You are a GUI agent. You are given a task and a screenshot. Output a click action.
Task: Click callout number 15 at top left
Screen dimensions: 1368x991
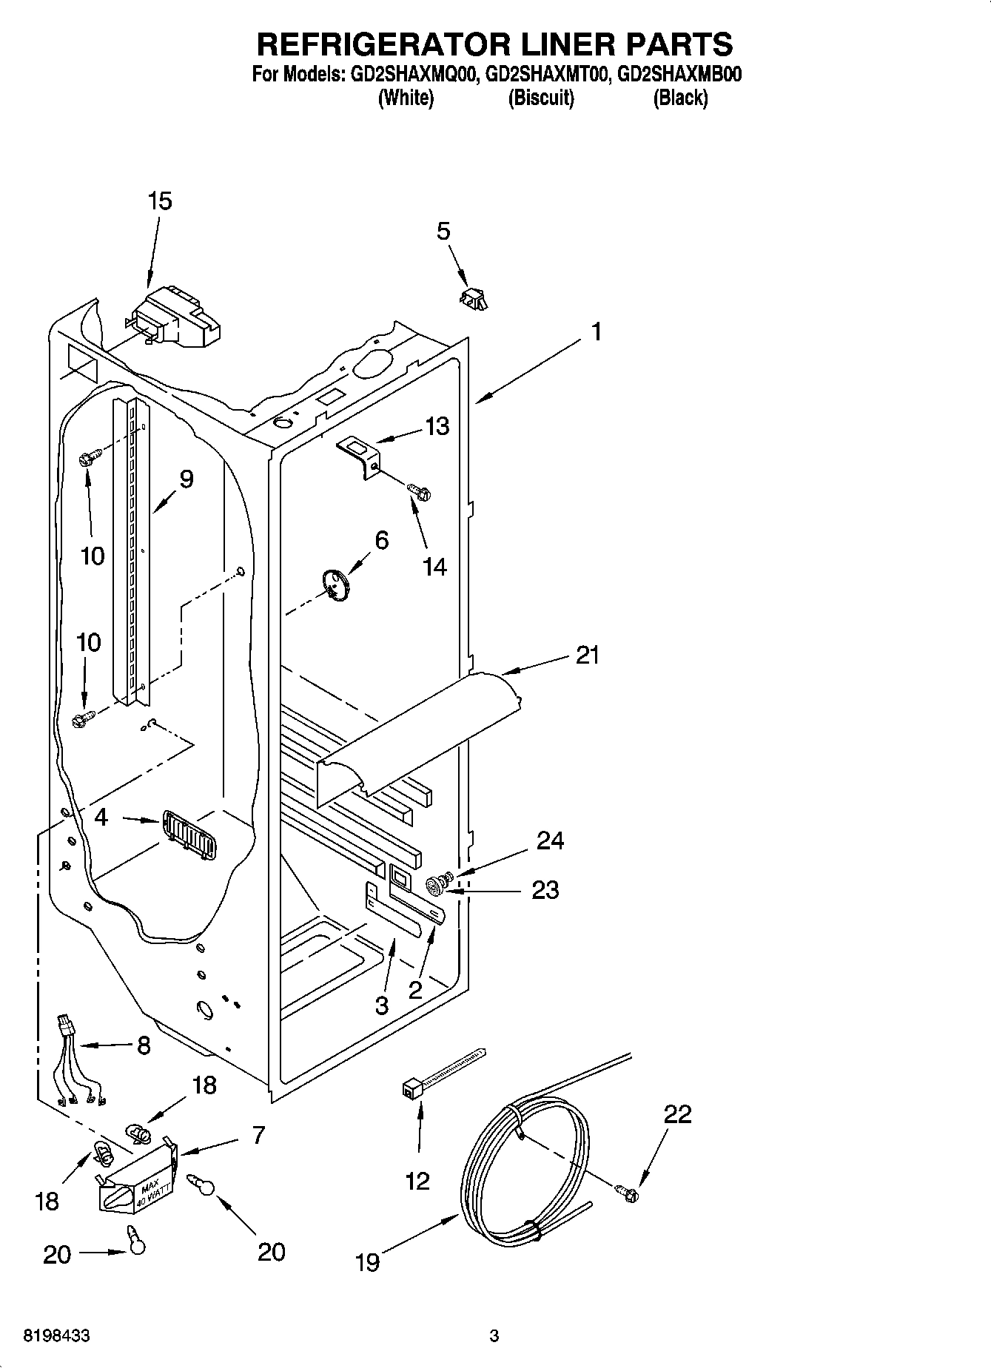pos(160,201)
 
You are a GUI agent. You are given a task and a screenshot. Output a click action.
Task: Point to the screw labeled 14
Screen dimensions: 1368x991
pos(419,491)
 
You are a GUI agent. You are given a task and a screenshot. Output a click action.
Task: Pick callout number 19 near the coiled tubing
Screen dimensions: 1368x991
pos(367,1262)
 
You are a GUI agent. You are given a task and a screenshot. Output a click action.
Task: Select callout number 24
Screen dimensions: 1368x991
pos(550,841)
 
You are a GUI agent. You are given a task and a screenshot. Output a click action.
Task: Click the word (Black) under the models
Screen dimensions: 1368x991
pos(679,98)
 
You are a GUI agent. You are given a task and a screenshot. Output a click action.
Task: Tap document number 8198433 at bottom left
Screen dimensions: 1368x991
pos(57,1336)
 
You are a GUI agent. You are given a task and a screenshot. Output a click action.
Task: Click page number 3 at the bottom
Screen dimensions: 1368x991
pos(494,1336)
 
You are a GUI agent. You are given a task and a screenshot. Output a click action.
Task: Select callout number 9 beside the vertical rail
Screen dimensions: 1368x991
pos(186,479)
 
